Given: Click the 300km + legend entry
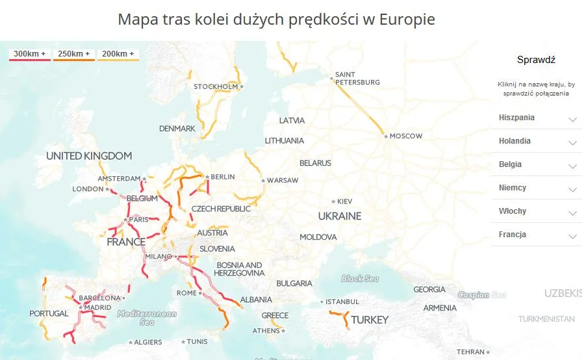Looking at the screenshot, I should pyautogui.click(x=30, y=54).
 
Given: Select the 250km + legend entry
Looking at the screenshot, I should pyautogui.click(x=74, y=54).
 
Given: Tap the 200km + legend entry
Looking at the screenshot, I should pyautogui.click(x=118, y=54).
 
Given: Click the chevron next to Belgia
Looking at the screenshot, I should pyautogui.click(x=572, y=166).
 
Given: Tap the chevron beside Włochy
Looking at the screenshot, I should pyautogui.click(x=572, y=213).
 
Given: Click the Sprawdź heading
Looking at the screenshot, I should pyautogui.click(x=536, y=60).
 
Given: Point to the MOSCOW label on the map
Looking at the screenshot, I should pyautogui.click(x=405, y=136).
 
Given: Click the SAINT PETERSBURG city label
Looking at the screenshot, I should pyautogui.click(x=357, y=79).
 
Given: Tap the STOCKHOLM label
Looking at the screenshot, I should pyautogui.click(x=216, y=87).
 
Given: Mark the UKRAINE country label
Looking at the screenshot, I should pyautogui.click(x=339, y=216).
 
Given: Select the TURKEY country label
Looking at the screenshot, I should pyautogui.click(x=370, y=320).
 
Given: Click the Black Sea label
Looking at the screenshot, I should pyautogui.click(x=360, y=279).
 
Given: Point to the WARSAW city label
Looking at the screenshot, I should pyautogui.click(x=283, y=180).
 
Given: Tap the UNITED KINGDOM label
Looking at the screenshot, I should pyautogui.click(x=89, y=156).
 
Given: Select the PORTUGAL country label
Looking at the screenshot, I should pyautogui.click(x=49, y=314).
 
